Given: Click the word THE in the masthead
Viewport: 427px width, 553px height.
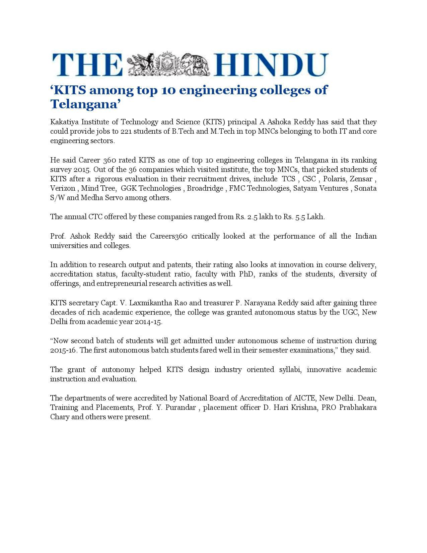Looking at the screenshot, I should tap(87, 65).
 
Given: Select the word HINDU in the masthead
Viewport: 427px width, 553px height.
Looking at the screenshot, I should tap(271, 65).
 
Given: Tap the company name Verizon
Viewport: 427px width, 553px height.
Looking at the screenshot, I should tap(63, 188).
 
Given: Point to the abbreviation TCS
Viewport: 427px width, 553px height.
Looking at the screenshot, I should tap(289, 179).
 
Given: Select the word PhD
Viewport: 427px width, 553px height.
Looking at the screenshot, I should tap(246, 274).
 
